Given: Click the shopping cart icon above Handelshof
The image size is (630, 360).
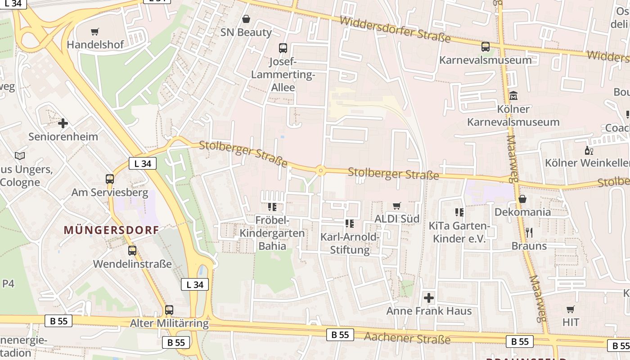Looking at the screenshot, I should click(94, 32).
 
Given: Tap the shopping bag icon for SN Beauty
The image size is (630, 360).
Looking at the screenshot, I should click(246, 19).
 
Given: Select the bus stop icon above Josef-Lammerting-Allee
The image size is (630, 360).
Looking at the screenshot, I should click(283, 48).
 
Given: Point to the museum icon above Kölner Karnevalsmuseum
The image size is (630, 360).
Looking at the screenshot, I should click(513, 96).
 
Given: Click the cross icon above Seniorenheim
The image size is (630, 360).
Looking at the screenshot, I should click(63, 123).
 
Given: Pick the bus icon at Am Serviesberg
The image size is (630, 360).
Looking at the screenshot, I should click(110, 179).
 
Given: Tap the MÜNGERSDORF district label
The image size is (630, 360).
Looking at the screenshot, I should click(111, 230).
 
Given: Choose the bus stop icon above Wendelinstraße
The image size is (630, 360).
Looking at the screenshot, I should click(132, 251).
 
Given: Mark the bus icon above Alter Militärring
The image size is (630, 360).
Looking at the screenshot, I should click(169, 310).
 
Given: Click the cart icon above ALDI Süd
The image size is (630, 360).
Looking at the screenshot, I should click(396, 206).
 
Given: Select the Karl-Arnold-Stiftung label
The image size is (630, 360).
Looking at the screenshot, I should click(350, 243).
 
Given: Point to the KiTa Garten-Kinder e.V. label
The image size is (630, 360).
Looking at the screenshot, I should click(459, 232).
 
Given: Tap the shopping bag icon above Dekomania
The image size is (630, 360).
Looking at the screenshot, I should click(522, 199).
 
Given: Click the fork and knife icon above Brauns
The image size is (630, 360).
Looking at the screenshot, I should click(529, 233).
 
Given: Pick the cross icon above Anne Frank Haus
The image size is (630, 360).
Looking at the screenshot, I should click(429, 297).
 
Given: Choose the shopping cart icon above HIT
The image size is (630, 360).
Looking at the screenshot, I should click(571, 309).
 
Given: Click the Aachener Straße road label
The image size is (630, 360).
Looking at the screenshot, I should click(407, 338).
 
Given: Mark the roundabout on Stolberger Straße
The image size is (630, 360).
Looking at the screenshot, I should click(320, 171).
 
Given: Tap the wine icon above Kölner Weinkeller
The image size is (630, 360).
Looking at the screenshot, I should click(588, 150).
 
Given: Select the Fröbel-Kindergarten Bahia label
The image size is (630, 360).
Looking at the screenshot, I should click(272, 233).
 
